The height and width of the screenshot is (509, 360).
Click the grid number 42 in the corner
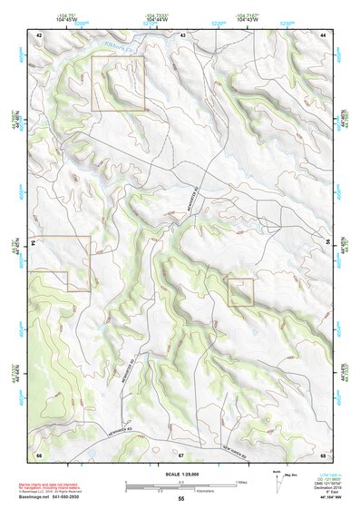(x=40, y=34)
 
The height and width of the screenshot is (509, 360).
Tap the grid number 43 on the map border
(x=182, y=34)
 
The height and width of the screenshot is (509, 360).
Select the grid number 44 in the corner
(x=323, y=34)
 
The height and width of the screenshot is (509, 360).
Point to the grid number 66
(x=40, y=453)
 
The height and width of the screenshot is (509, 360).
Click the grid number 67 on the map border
(x=181, y=453)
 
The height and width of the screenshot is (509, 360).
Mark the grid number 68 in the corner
(x=323, y=453)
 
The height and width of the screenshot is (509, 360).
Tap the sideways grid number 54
(x=34, y=243)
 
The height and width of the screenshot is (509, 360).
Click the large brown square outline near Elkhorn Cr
(x=118, y=83)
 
